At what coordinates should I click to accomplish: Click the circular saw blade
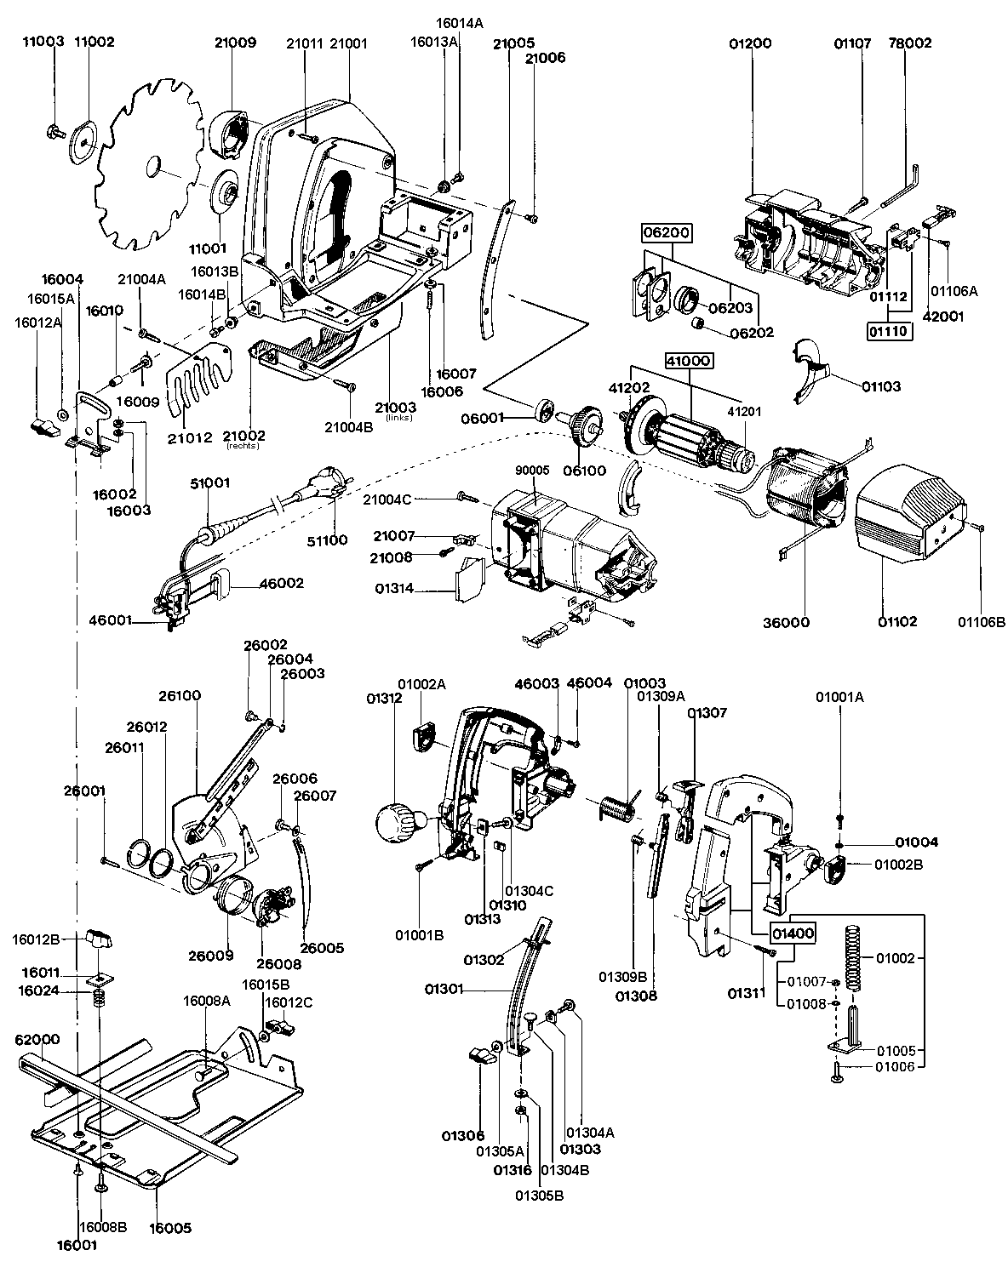point(153,164)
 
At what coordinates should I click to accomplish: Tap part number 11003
point(43,42)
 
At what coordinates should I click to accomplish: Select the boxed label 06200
point(667,232)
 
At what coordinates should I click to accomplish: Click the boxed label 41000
point(690,360)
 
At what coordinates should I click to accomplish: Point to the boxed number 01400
point(793,934)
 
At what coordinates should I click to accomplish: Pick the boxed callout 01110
point(890,331)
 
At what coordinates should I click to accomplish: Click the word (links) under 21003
point(399,418)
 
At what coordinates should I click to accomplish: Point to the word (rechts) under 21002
point(243,446)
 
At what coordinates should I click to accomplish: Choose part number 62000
point(37,1040)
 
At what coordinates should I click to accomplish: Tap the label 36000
point(786,622)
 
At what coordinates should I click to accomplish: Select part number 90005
point(532,471)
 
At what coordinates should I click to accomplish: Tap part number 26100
point(180,695)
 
